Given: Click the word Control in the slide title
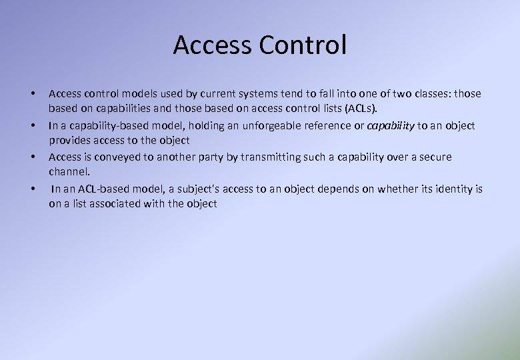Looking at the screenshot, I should (303, 45).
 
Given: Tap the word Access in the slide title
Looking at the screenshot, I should (213, 45).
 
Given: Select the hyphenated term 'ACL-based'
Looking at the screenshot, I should (99, 189).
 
